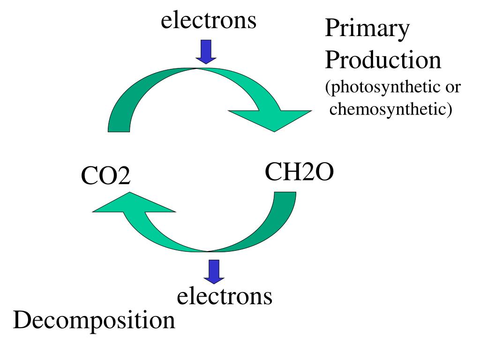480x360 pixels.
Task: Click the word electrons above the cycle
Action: (209, 21)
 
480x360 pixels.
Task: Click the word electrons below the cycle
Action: (225, 296)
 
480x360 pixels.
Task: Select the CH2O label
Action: (299, 172)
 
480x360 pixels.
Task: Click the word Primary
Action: (367, 30)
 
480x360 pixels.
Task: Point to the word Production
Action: (383, 60)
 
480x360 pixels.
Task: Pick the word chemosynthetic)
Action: (390, 110)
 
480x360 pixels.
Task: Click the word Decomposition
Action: (94, 321)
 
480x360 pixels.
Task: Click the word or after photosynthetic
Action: (453, 88)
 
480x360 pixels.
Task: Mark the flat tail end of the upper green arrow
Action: (120, 127)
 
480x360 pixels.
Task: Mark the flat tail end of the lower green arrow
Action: (285, 196)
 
